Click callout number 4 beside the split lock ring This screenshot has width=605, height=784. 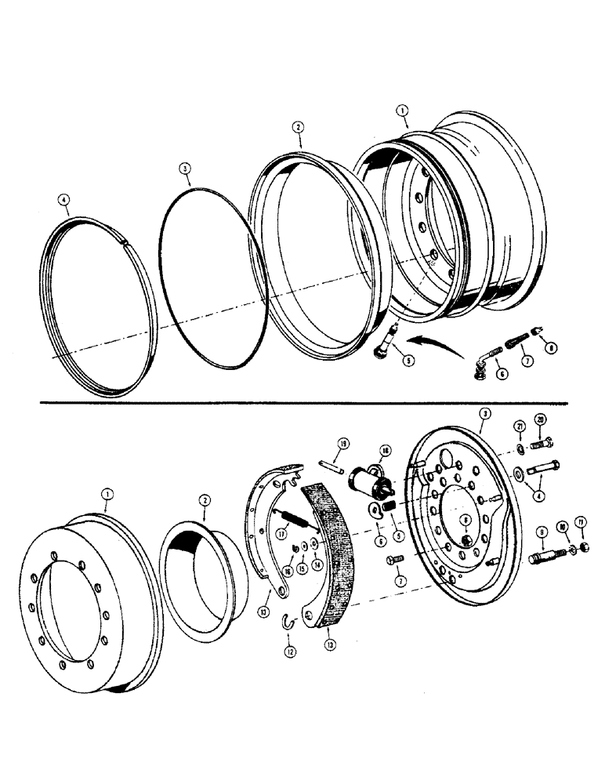click(x=64, y=201)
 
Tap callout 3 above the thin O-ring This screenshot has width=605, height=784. click(x=183, y=168)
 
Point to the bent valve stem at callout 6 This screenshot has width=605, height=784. click(x=480, y=364)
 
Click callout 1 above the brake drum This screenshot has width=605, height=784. click(x=107, y=494)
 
